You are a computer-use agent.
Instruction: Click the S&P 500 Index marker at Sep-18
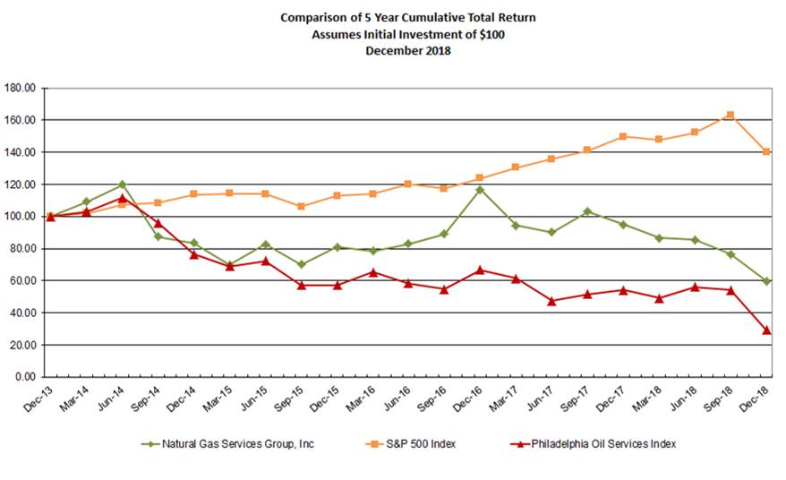pyautogui.click(x=730, y=115)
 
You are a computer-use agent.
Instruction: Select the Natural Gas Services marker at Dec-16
pyautogui.click(x=480, y=189)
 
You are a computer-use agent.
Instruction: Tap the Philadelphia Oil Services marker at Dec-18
pyautogui.click(x=766, y=330)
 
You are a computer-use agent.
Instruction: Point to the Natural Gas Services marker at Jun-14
pyautogui.click(x=122, y=184)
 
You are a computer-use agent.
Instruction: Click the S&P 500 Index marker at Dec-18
pyautogui.click(x=766, y=151)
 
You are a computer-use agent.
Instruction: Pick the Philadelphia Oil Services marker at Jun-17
pyautogui.click(x=551, y=301)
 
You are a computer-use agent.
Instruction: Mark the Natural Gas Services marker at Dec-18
pyautogui.click(x=766, y=281)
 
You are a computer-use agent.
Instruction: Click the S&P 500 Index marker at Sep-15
pyautogui.click(x=301, y=207)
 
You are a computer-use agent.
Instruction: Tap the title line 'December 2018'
pyautogui.click(x=407, y=50)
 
